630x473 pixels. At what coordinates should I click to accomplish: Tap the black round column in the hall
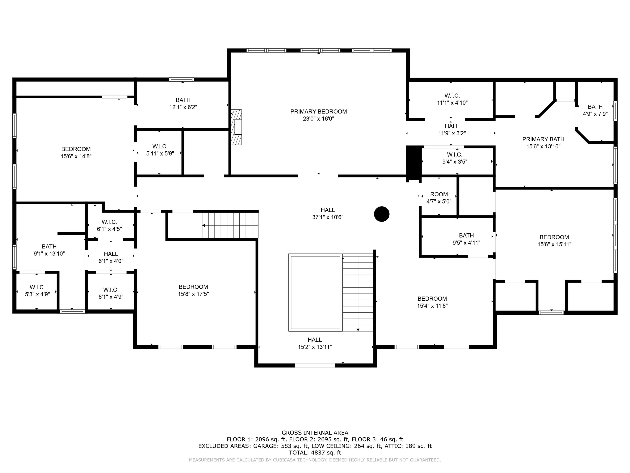pyautogui.click(x=382, y=214)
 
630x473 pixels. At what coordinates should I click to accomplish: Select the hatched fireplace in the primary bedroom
pyautogui.click(x=237, y=127)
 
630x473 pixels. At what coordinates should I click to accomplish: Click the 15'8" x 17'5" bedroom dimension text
pyautogui.click(x=193, y=294)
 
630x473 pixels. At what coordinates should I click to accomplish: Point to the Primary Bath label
pyautogui.click(x=543, y=139)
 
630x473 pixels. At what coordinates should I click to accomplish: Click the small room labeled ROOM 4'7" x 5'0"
pyautogui.click(x=439, y=198)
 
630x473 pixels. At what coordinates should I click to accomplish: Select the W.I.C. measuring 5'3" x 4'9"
pyautogui.click(x=37, y=291)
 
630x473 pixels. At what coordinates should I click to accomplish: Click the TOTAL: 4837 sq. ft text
pyautogui.click(x=315, y=452)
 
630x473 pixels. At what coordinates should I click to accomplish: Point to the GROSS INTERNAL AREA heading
pyautogui.click(x=315, y=433)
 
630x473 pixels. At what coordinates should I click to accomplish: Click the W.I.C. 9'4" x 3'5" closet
pyautogui.click(x=455, y=158)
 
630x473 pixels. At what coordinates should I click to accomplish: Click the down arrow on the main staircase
pyautogui.click(x=358, y=330)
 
